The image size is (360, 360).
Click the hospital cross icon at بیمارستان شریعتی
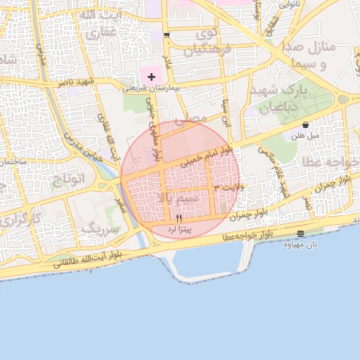[x=152, y=76]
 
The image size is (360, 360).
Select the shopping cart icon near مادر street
[x=167, y=34]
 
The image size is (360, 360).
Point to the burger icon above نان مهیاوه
[x=301, y=233]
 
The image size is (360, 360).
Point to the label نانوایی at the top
[x=290, y=4]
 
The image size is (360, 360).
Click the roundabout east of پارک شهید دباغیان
[x=344, y=98]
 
